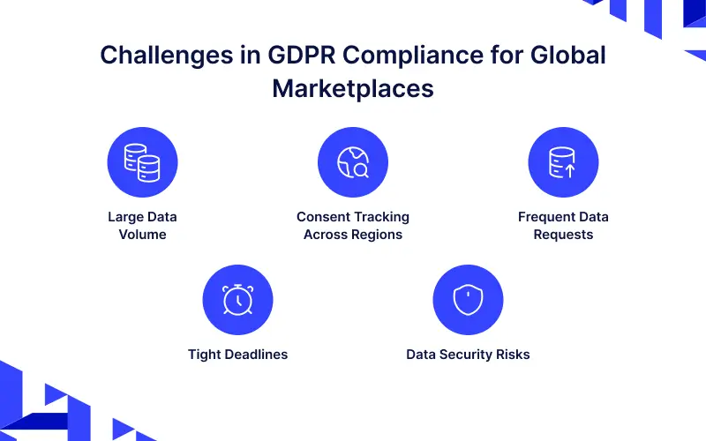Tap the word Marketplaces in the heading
(x=353, y=88)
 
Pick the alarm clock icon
(x=237, y=300)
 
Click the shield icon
(x=468, y=300)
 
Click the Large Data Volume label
(x=143, y=226)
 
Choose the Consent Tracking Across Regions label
(x=353, y=226)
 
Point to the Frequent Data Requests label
(x=563, y=226)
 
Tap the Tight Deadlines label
(x=237, y=355)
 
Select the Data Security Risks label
(x=468, y=355)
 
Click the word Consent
(x=322, y=217)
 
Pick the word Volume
(x=143, y=235)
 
